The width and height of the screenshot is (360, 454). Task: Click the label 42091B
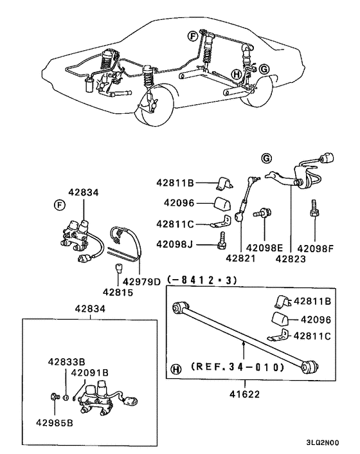(89, 372)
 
